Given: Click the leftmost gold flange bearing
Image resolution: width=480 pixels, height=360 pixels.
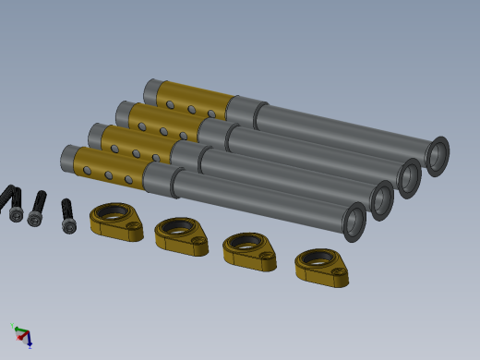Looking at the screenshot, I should (116, 222).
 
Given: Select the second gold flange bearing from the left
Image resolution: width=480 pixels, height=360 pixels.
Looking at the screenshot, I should (181, 234).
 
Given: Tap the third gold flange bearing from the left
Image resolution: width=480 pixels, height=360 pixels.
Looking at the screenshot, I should (249, 250).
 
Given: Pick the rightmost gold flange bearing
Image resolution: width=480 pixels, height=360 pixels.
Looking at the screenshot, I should (321, 267).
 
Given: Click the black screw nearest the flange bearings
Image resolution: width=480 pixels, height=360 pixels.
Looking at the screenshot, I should (67, 216).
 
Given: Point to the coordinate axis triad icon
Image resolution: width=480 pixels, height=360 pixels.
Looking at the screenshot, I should (22, 335).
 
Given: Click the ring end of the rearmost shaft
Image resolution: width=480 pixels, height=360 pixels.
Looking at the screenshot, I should (437, 156).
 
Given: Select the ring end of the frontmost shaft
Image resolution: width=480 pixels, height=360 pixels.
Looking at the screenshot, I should (354, 222).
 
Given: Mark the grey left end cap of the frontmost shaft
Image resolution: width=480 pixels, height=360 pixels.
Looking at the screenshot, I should (68, 158).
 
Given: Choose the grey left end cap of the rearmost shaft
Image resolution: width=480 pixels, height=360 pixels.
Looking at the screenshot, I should (152, 90).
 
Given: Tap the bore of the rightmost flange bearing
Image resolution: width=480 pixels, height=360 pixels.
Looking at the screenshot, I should (316, 258).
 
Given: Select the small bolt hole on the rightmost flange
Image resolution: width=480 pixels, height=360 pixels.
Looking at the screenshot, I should (339, 272).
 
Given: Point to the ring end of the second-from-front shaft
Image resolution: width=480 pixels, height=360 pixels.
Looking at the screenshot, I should (381, 200).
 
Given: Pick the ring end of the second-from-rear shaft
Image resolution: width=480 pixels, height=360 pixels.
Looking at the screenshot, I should (409, 177).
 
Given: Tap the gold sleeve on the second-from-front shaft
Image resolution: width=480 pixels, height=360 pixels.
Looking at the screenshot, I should (139, 143).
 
